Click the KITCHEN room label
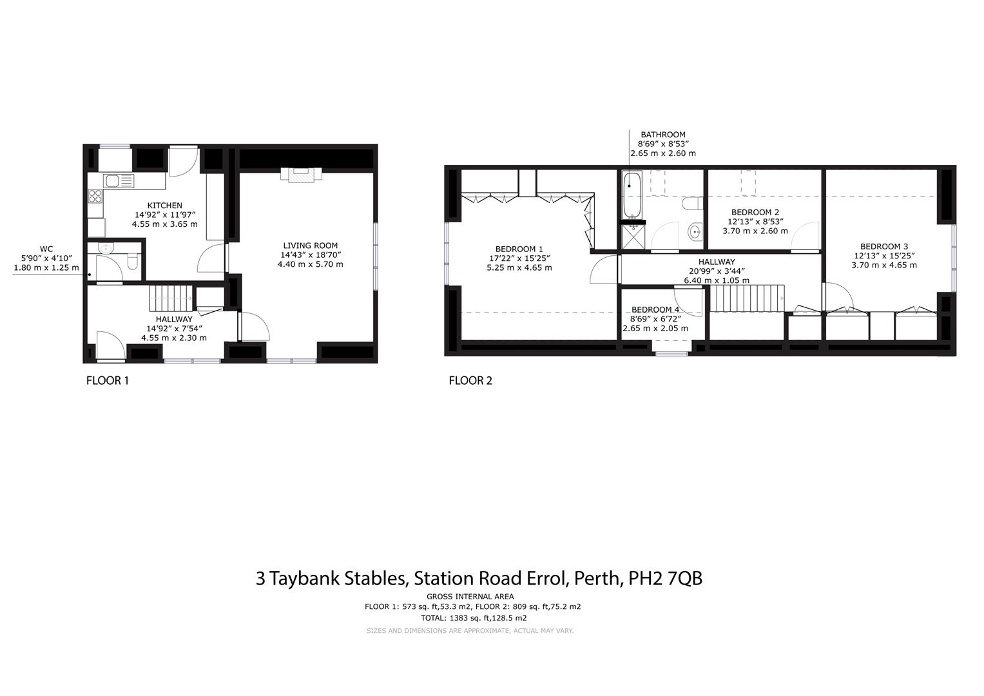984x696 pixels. [x=164, y=206]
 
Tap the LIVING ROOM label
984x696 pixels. [x=310, y=246]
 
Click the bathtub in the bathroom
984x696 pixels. [x=632, y=195]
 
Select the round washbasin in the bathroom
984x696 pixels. [x=695, y=231]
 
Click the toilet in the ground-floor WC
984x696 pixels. [x=133, y=262]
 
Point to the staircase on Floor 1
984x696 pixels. [x=171, y=298]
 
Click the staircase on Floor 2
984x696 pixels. [x=747, y=298]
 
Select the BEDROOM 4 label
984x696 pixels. [x=655, y=310]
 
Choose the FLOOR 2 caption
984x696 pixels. [x=470, y=380]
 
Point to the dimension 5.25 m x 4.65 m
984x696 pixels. [x=519, y=267]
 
